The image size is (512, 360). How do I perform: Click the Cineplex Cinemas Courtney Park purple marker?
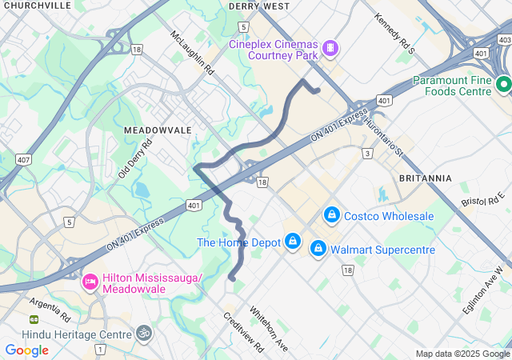point(330,50)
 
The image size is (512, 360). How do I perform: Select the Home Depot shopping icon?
point(294,242)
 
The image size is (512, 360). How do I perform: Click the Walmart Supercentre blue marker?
point(318,250)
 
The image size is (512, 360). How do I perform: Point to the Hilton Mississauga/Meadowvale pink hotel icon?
point(90,282)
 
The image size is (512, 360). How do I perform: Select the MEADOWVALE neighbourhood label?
point(158,130)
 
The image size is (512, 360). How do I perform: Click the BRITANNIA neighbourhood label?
point(425,178)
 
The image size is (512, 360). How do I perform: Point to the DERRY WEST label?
point(258,6)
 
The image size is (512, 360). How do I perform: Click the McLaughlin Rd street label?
point(192,54)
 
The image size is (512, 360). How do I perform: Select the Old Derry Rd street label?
point(135,160)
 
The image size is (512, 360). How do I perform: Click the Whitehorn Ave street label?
point(268,329)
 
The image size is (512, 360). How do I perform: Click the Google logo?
point(27,350)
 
